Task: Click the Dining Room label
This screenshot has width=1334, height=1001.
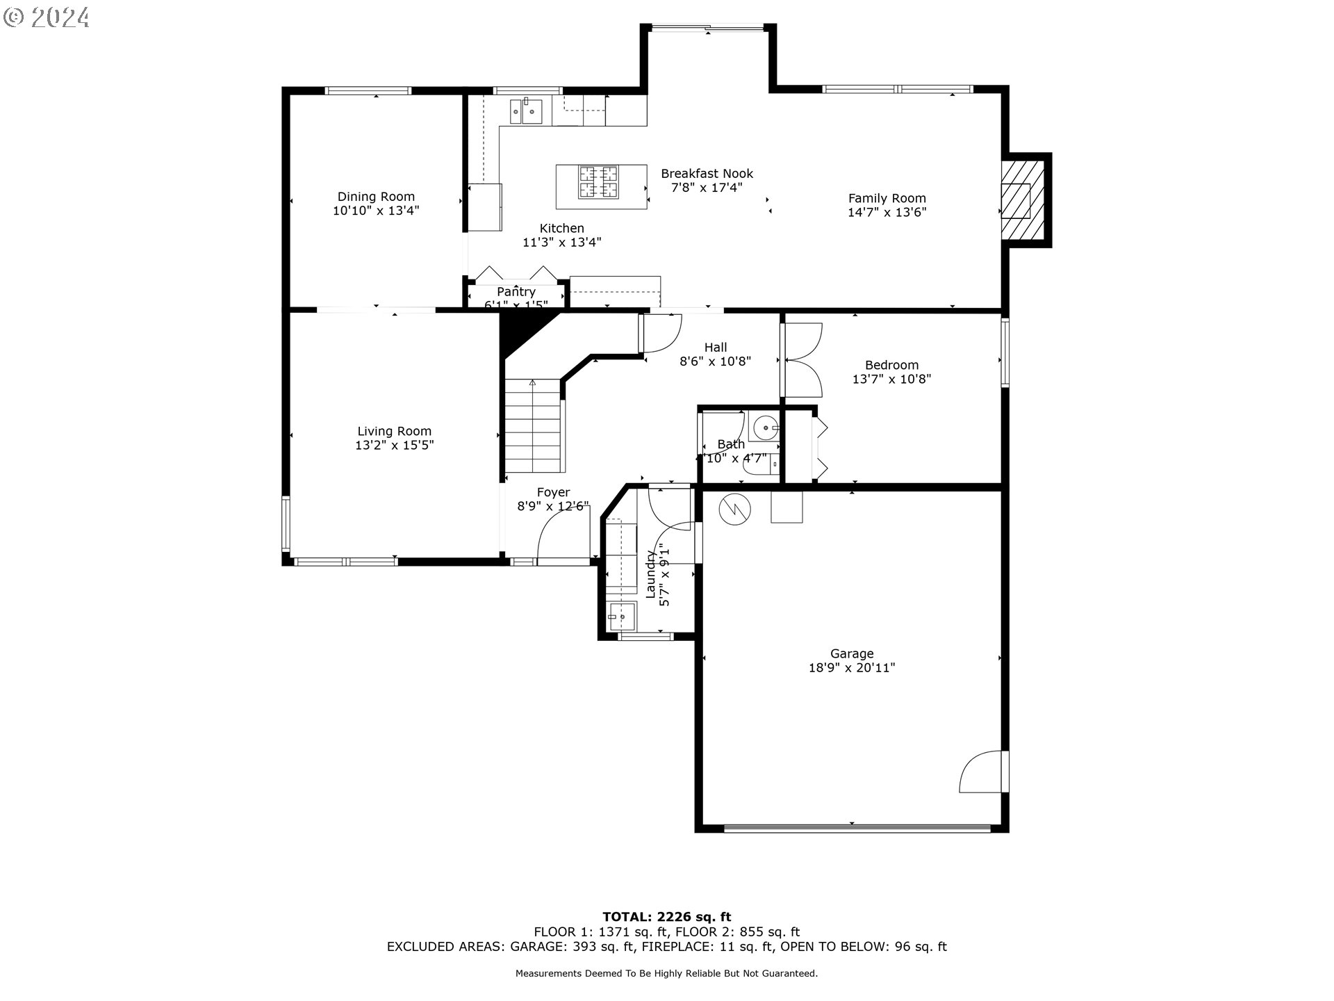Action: pyautogui.click(x=376, y=197)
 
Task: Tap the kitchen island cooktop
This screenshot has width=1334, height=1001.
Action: pyautogui.click(x=599, y=182)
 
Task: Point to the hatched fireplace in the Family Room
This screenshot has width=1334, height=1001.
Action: pyautogui.click(x=1022, y=200)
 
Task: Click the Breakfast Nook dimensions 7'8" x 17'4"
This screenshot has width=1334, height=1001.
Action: pyautogui.click(x=707, y=188)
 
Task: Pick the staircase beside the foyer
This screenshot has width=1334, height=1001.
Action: pyautogui.click(x=532, y=425)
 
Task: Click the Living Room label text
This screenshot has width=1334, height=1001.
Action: pyautogui.click(x=394, y=431)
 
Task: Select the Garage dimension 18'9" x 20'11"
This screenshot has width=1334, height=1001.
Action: pyautogui.click(x=852, y=668)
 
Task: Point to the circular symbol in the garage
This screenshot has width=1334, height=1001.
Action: pyautogui.click(x=735, y=509)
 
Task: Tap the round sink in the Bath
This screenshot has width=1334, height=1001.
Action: pyautogui.click(x=765, y=428)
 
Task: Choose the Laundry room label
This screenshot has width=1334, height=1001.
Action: pyautogui.click(x=651, y=574)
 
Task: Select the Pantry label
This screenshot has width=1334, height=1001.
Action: pyautogui.click(x=516, y=292)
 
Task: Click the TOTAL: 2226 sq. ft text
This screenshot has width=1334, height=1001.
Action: pyautogui.click(x=666, y=917)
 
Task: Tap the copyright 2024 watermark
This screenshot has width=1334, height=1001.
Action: pyautogui.click(x=47, y=17)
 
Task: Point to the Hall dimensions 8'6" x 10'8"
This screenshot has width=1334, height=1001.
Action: pyautogui.click(x=715, y=361)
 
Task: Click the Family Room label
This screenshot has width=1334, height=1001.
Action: pyautogui.click(x=887, y=198)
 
